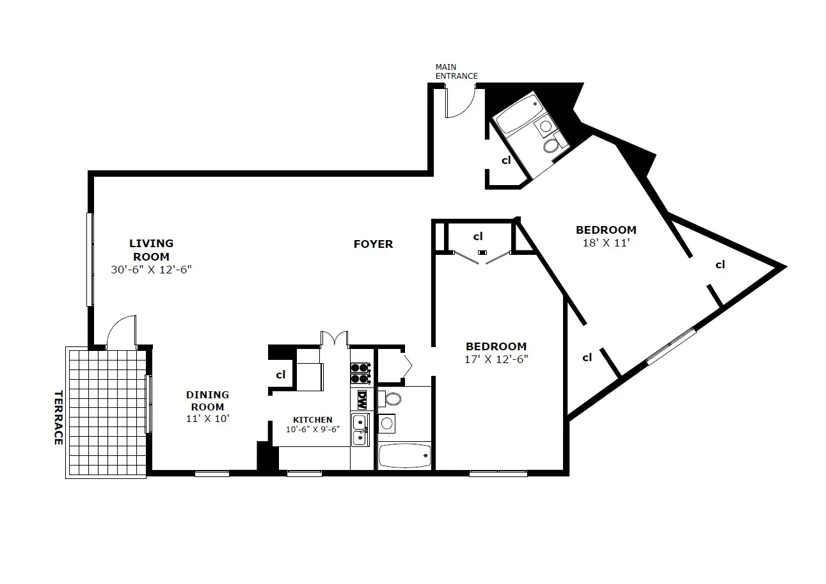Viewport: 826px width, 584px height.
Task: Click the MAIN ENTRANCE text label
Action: [456, 71]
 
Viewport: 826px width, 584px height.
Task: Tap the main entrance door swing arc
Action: [461, 105]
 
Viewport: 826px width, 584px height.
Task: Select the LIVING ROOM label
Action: [152, 250]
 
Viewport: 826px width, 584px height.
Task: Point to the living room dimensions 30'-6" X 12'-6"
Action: [152, 270]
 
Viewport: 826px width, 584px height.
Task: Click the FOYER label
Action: [373, 244]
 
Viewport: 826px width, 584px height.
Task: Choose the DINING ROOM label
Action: [207, 401]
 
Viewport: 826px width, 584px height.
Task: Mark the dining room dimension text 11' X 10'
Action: [207, 418]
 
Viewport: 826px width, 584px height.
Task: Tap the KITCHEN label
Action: [312, 420]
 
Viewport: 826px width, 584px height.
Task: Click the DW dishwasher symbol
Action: [361, 400]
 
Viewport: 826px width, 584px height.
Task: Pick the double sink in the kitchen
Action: [360, 430]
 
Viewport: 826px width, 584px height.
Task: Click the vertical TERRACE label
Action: [58, 418]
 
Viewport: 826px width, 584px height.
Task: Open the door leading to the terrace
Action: [122, 332]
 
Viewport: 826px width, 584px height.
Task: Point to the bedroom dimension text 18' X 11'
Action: [606, 243]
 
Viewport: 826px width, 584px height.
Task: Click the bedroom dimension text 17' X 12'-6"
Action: [496, 359]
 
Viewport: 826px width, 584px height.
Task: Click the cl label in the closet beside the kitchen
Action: [280, 375]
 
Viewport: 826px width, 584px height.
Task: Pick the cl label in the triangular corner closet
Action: [720, 264]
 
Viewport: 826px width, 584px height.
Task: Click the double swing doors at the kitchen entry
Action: [334, 337]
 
